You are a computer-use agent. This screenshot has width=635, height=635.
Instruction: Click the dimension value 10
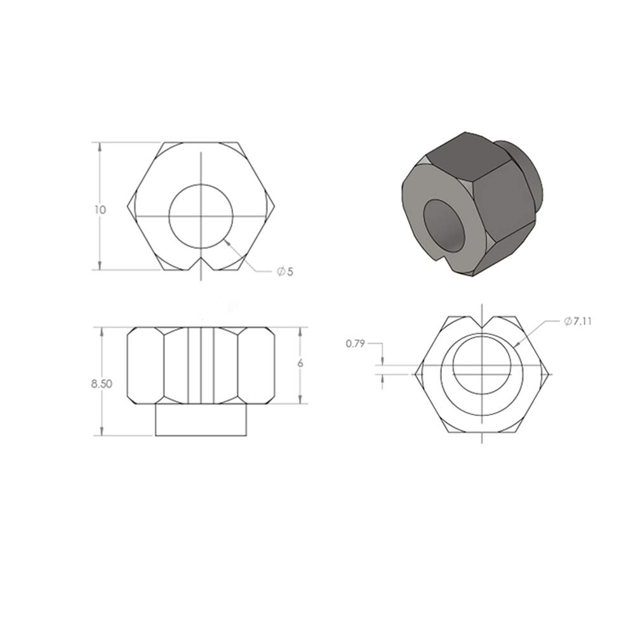100,210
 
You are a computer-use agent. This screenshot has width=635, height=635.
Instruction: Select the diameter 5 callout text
284,271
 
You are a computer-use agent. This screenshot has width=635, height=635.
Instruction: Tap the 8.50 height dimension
101,384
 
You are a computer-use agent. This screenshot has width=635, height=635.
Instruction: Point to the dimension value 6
300,363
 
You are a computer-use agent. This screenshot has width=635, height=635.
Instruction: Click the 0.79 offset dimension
355,344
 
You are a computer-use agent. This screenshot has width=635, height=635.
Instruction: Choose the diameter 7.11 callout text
578,321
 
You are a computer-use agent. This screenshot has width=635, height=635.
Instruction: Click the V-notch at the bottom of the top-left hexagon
201,264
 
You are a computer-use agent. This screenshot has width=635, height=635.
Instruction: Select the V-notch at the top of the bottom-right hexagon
483,323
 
